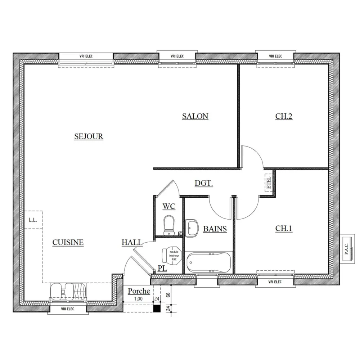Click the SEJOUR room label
tap(89, 136)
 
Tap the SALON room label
tap(195, 116)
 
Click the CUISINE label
tap(68, 243)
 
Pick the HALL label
tap(131, 243)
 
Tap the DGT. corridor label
tap(204, 183)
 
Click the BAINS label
tap(215, 229)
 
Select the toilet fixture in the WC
tap(168, 225)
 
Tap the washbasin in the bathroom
tap(192, 228)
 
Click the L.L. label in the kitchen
tap(33, 220)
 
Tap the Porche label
tap(139, 291)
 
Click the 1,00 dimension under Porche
tap(138, 298)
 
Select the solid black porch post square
tap(157, 308)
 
